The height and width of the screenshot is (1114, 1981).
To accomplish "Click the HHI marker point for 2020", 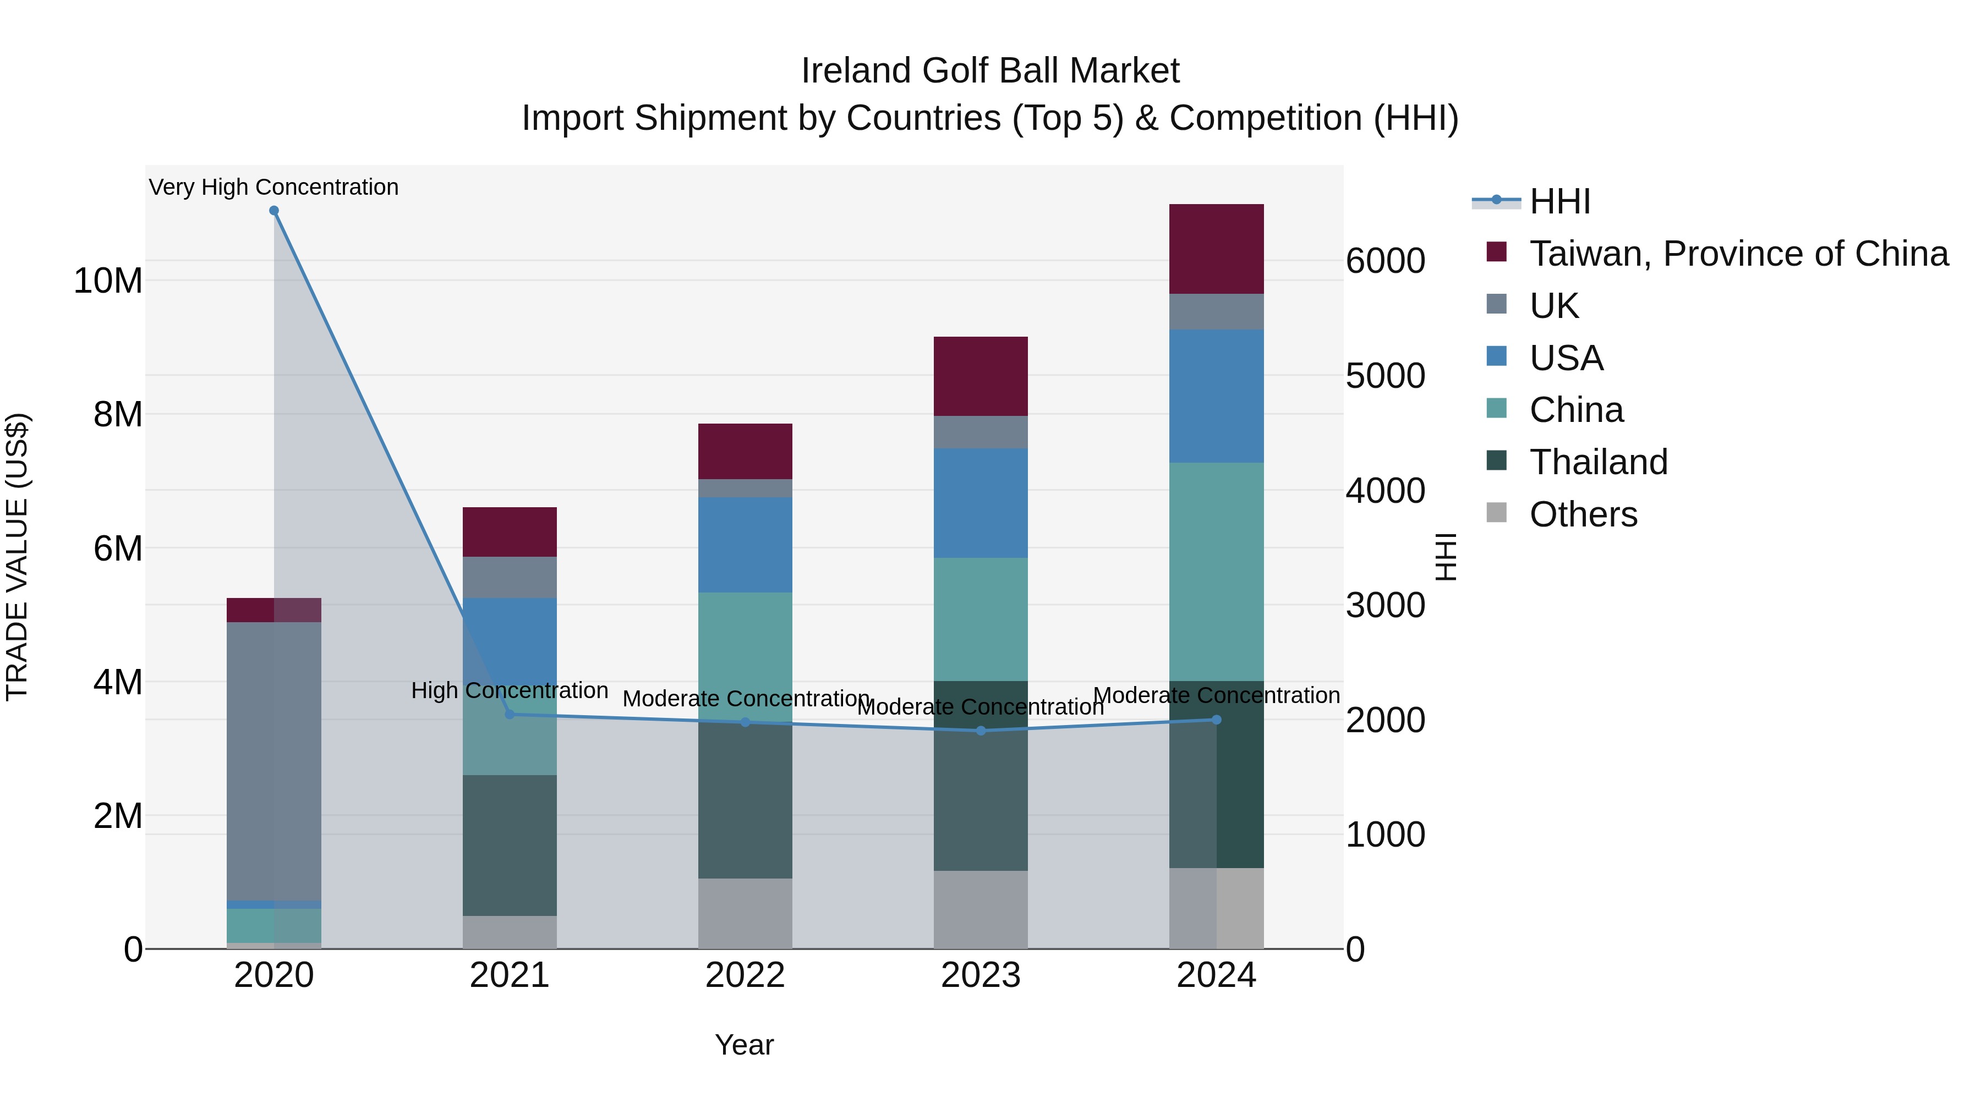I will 274,211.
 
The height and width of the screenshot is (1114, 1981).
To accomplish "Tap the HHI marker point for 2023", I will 981,731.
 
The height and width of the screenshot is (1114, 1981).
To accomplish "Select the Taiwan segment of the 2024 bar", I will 1216,249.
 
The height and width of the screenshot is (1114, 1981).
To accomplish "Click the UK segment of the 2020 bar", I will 274,761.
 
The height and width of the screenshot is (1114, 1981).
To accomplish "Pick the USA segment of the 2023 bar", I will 981,503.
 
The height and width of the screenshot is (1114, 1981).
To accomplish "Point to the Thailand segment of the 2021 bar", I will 509,845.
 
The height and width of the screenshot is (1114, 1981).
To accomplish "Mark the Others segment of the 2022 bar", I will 745,913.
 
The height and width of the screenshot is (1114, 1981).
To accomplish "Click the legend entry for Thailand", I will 1597,462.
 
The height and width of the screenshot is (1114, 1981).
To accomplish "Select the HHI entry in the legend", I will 1559,201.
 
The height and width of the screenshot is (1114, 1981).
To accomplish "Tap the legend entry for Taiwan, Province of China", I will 1738,254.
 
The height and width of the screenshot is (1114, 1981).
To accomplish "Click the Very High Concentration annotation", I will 274,187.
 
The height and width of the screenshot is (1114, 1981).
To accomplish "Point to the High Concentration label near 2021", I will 509,690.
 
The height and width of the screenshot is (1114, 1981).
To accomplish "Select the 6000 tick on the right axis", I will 1385,261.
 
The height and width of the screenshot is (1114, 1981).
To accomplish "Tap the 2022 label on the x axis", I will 745,975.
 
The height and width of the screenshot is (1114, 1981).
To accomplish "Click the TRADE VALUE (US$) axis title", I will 17,557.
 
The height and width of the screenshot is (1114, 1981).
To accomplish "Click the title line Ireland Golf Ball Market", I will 990,71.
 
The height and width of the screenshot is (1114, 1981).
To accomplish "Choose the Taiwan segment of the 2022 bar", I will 745,451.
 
